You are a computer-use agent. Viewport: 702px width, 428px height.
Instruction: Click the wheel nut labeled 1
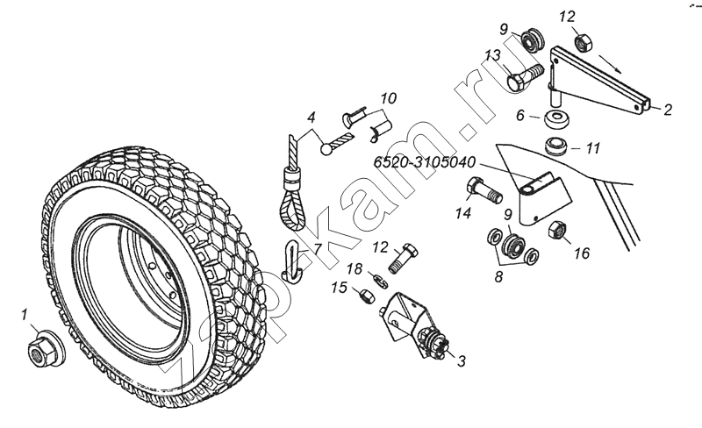[46, 350]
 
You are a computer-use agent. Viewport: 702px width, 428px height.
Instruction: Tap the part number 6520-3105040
[425, 162]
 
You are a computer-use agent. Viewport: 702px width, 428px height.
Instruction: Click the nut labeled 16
[558, 230]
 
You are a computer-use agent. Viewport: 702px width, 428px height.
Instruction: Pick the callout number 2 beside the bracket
[668, 110]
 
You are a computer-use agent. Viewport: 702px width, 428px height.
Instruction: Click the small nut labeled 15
[367, 296]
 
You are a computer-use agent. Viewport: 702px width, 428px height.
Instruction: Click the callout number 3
[462, 360]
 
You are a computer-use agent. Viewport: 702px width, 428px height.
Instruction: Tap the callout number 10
[389, 98]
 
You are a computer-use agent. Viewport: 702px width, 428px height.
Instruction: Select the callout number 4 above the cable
[312, 118]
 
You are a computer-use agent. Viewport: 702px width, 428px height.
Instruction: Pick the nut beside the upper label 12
[584, 43]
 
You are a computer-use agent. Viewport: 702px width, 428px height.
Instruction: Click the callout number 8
[498, 276]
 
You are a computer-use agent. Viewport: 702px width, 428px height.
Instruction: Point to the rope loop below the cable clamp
[292, 210]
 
